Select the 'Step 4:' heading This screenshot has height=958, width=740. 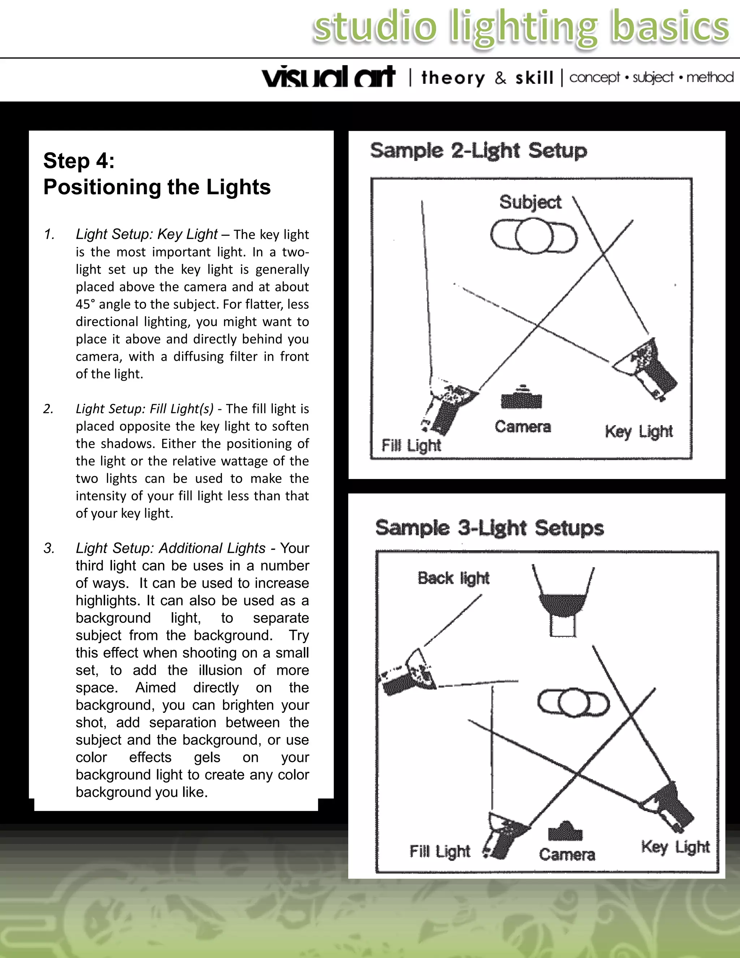pyautogui.click(x=79, y=161)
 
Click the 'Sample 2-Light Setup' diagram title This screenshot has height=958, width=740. pyautogui.click(x=478, y=151)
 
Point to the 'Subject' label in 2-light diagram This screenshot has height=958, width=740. pyautogui.click(x=530, y=202)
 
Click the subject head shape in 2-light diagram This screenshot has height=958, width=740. pyautogui.click(x=533, y=236)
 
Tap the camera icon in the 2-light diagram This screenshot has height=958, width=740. pyautogui.click(x=521, y=398)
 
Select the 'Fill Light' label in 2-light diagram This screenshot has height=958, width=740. pyautogui.click(x=411, y=445)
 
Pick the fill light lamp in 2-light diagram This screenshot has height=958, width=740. pyautogui.click(x=449, y=406)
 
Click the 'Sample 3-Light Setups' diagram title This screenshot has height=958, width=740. pyautogui.click(x=489, y=528)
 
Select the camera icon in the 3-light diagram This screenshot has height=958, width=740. pyautogui.click(x=565, y=831)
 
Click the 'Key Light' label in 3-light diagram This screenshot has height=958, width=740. pyautogui.click(x=675, y=847)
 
